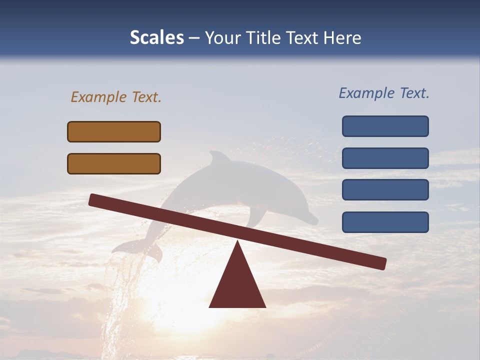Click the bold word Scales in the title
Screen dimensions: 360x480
156,38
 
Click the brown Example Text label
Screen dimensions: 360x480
116,97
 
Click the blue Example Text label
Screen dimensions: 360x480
384,93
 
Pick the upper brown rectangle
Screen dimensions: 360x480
114,131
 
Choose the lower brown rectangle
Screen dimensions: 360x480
114,163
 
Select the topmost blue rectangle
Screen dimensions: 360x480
385,126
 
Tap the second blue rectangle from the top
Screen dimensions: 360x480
385,158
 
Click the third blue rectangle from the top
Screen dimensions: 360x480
385,190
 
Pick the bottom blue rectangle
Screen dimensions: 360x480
385,222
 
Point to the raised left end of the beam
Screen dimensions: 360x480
95,199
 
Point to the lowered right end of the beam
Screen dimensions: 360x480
380,263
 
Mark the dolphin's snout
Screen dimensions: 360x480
312,219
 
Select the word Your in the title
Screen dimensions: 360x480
223,38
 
